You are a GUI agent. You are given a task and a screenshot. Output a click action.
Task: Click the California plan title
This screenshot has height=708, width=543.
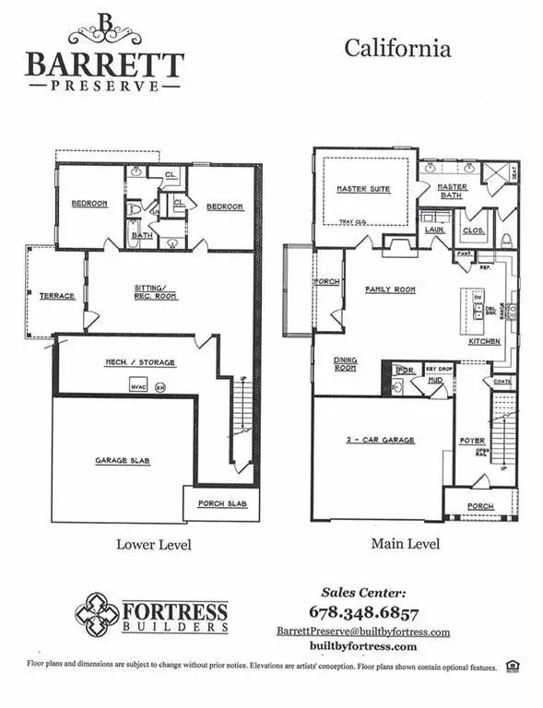click(397, 48)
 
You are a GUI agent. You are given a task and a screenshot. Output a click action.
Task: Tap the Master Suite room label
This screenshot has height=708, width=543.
click(362, 189)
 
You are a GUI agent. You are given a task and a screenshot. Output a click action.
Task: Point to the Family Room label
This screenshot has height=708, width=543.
click(390, 289)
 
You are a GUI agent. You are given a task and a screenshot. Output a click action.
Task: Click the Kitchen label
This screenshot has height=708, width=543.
click(484, 341)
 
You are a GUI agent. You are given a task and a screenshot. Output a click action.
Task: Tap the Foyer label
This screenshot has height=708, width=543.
click(472, 441)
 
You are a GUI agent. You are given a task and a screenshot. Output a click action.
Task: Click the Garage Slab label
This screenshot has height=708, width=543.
click(123, 460)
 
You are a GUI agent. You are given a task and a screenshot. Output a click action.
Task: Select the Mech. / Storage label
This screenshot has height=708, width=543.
click(137, 362)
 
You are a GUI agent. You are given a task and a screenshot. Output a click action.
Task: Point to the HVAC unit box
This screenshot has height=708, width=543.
click(139, 386)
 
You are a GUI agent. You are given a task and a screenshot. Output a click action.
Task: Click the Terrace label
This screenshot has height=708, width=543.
click(56, 296)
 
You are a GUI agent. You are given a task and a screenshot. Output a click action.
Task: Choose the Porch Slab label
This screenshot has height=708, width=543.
click(219, 504)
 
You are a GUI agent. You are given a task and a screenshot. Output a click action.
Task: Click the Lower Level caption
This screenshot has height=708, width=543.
click(154, 544)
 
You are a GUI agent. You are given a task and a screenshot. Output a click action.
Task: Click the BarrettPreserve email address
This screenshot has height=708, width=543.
click(363, 631)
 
